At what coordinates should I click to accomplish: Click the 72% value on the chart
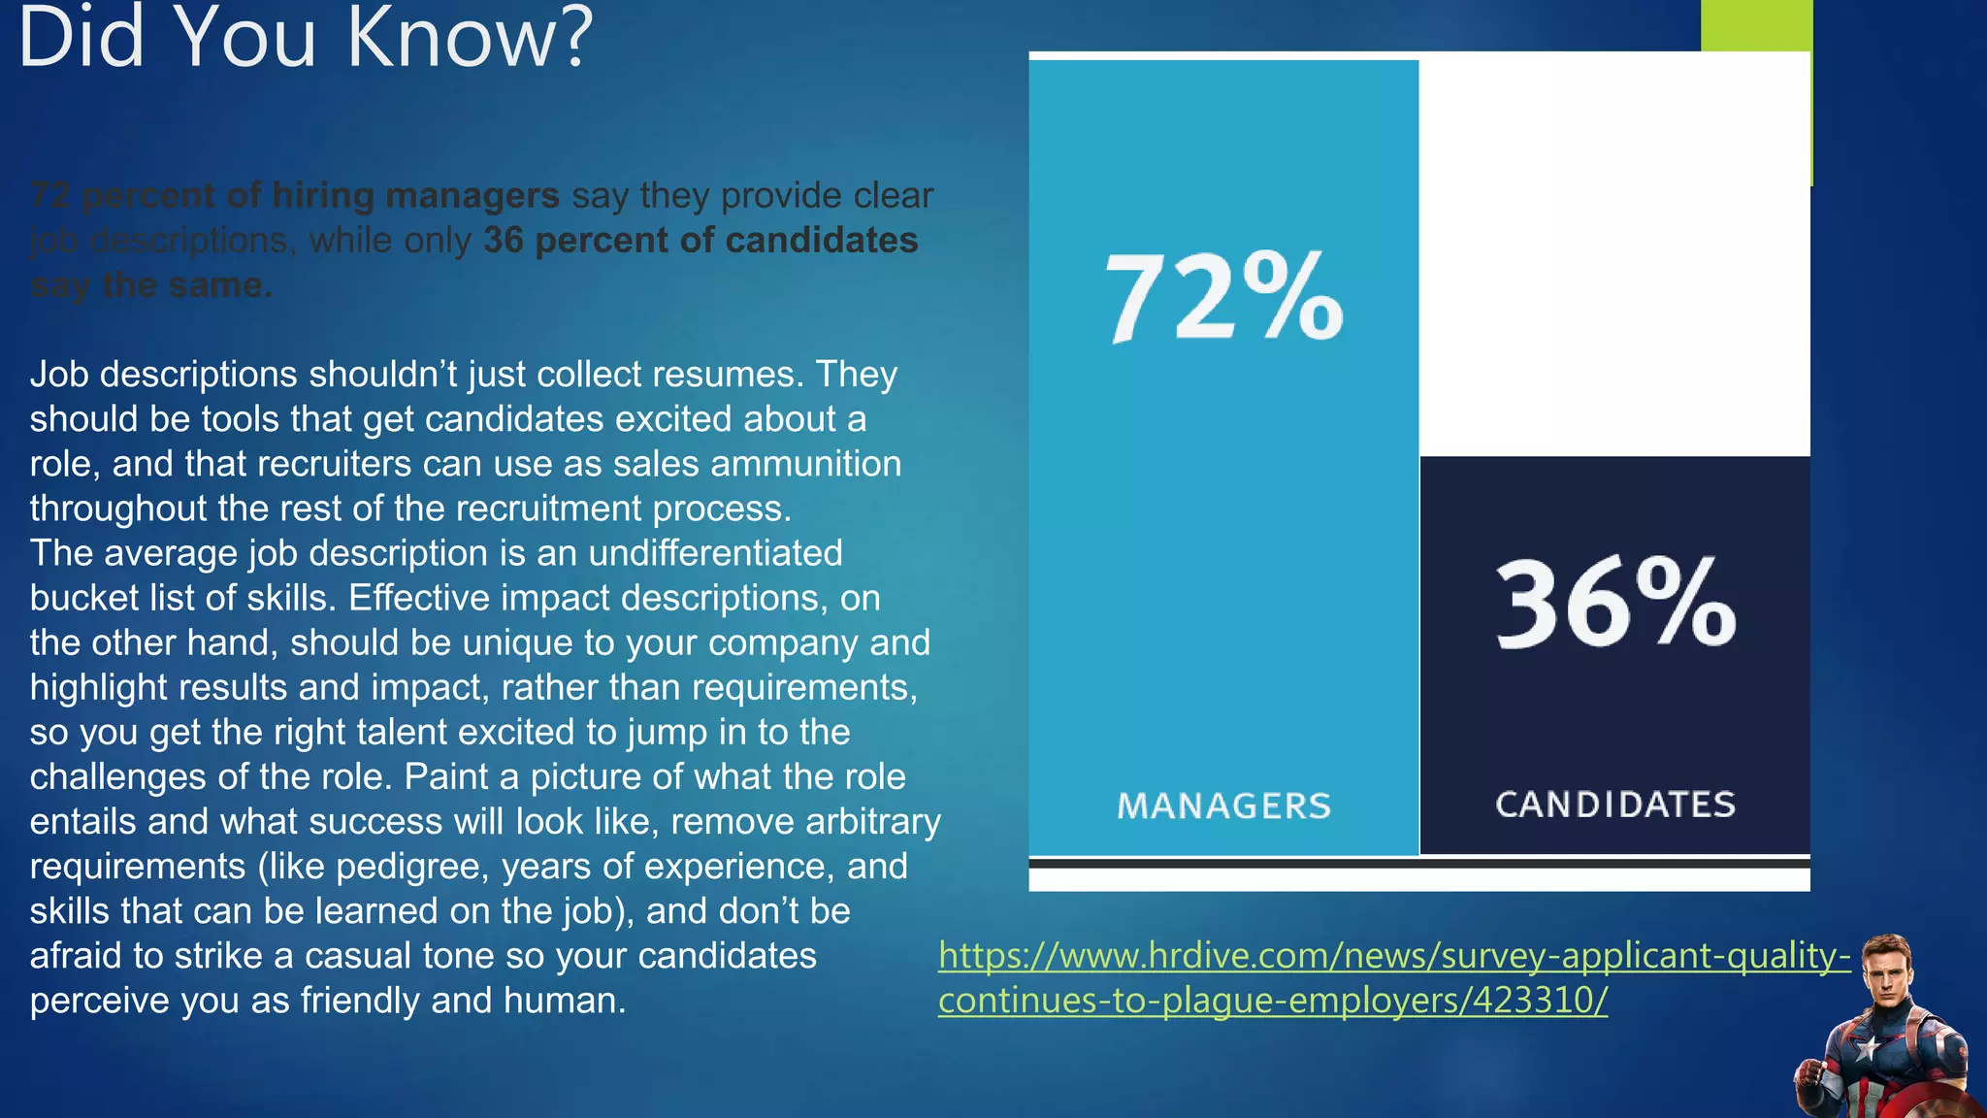tap(1224, 297)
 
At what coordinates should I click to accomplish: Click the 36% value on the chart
tap(1615, 604)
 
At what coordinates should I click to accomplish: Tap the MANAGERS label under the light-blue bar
tap(1223, 806)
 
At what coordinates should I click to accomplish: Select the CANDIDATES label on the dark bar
tap(1615, 805)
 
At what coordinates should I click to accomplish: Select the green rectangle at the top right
tap(1756, 25)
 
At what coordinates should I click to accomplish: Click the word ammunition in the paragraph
tap(806, 464)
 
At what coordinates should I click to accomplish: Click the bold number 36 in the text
tap(503, 241)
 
